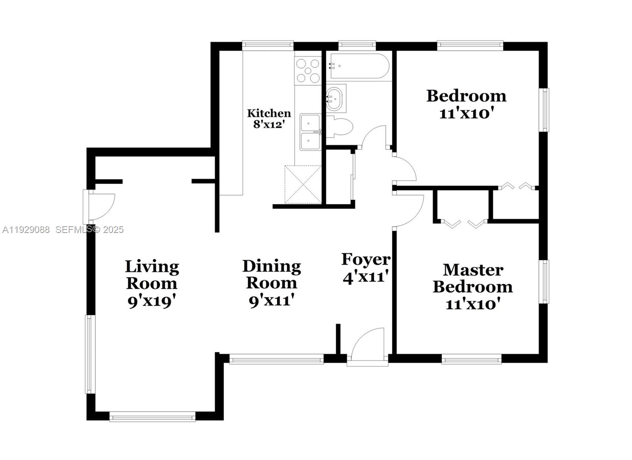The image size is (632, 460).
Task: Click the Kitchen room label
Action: click(x=269, y=113)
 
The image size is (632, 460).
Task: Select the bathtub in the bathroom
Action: click(x=359, y=66)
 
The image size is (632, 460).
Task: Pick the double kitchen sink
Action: click(x=310, y=132)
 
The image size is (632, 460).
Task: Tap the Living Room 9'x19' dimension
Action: click(x=151, y=302)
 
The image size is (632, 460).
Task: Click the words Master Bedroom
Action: click(x=473, y=278)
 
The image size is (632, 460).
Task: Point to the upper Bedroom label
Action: click(x=466, y=96)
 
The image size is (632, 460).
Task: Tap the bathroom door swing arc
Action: click(x=374, y=137)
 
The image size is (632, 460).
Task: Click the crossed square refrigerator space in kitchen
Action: click(x=303, y=185)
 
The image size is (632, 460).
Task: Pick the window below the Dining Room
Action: click(x=276, y=360)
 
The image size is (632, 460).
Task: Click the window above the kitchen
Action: click(x=268, y=45)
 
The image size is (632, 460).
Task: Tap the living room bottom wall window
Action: click(x=152, y=416)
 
